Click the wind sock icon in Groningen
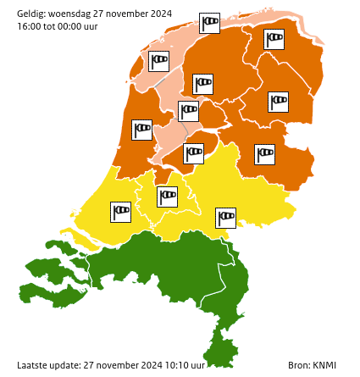[274, 40]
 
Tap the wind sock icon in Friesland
[203, 84]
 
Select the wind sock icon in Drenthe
[278, 102]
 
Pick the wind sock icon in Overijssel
[265, 154]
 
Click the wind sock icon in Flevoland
[195, 153]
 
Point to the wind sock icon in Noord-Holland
[142, 130]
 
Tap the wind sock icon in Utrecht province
[168, 197]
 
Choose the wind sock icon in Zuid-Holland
[122, 210]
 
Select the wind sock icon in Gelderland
[226, 218]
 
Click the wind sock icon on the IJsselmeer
[188, 110]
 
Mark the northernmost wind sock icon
[209, 23]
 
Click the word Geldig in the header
[30, 14]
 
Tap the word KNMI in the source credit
[324, 366]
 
